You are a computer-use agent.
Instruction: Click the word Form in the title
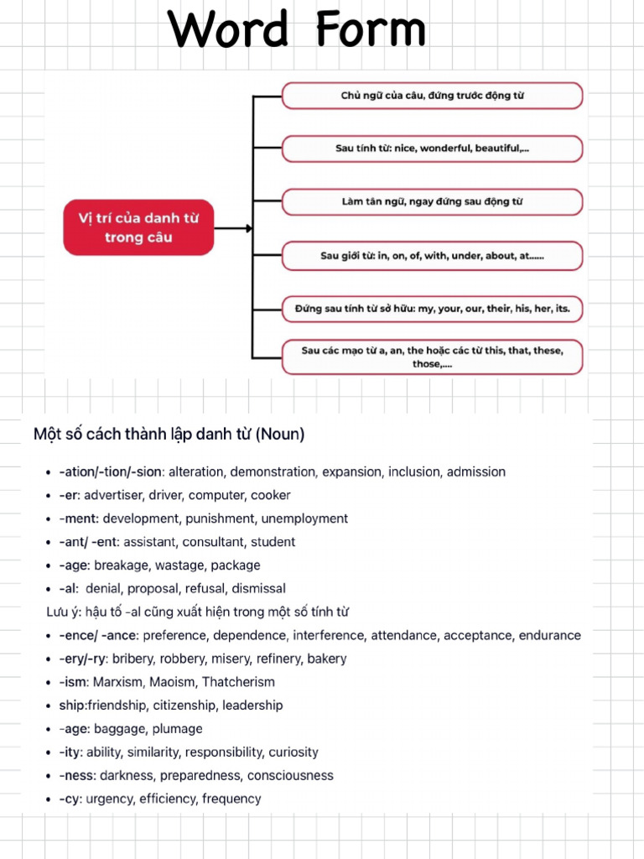(x=371, y=30)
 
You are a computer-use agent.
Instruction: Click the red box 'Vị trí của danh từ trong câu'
(x=138, y=227)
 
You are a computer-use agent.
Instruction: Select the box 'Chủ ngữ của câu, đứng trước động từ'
(x=432, y=96)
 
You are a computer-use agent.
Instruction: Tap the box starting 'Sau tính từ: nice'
(x=432, y=148)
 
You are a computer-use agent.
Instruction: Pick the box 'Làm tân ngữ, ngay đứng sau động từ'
(x=432, y=202)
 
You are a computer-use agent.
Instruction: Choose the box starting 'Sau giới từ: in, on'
(x=432, y=256)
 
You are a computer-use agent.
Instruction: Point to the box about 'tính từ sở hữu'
(x=432, y=309)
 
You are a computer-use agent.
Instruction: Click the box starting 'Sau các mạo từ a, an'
(x=432, y=357)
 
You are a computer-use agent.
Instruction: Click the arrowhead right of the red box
(x=249, y=227)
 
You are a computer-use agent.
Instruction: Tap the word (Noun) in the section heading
(x=280, y=435)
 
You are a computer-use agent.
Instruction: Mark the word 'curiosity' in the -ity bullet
(x=293, y=752)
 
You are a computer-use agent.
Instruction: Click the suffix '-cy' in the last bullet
(x=70, y=799)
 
